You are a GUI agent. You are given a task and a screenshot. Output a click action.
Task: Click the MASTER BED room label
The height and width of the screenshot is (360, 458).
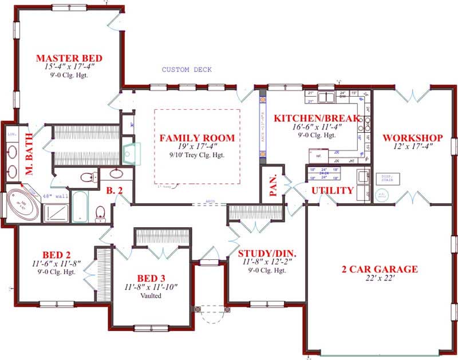pos(69,58)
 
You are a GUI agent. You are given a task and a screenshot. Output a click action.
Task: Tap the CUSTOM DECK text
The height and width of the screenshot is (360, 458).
pos(187,70)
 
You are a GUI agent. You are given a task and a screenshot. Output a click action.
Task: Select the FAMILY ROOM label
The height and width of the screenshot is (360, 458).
pos(196,138)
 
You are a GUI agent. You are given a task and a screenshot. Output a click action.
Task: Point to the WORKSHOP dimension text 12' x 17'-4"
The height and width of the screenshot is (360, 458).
pos(412,147)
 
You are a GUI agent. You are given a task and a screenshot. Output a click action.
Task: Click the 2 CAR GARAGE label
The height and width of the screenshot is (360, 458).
pos(380,269)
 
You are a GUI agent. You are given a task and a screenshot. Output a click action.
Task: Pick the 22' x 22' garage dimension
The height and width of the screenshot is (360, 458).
pos(380,279)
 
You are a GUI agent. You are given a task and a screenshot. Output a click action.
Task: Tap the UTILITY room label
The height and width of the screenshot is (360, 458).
pos(332,191)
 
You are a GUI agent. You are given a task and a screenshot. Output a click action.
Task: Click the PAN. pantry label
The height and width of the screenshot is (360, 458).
pos(273,185)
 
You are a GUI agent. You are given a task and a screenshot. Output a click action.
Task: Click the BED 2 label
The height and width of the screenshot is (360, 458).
pos(56,254)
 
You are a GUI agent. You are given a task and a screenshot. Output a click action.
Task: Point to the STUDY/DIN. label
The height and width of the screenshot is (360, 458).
pos(263,252)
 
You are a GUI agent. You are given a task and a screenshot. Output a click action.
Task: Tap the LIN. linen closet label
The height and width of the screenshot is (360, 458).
pos(11,134)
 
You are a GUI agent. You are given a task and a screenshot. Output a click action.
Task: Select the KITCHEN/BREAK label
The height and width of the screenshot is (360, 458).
pos(316,118)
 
